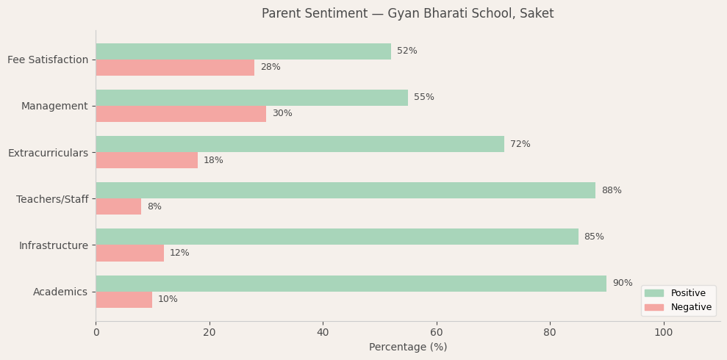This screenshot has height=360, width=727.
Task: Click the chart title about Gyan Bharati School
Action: click(x=407, y=14)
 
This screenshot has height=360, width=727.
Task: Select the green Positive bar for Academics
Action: click(x=351, y=284)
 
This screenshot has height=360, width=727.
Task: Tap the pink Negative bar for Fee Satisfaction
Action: click(x=175, y=68)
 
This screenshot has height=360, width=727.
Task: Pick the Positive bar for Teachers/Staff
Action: click(x=345, y=190)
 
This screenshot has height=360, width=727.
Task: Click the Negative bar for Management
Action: click(x=181, y=114)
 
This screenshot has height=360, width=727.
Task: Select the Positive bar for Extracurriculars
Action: click(x=300, y=144)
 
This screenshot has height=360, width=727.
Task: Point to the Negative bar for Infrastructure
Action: click(x=129, y=253)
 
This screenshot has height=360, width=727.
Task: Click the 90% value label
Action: click(x=622, y=284)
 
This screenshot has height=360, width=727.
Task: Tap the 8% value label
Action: click(x=154, y=207)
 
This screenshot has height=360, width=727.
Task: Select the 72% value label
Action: click(x=520, y=145)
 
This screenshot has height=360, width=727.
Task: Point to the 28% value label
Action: click(x=271, y=68)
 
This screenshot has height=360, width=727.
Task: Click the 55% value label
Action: click(x=423, y=98)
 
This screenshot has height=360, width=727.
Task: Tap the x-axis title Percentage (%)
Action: click(x=407, y=347)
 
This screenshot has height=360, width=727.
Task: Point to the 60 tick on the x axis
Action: click(x=437, y=333)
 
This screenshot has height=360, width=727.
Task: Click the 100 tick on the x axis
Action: click(x=663, y=333)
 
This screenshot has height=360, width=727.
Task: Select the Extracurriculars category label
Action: click(x=48, y=153)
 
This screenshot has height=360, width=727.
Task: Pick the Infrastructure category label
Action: click(x=53, y=245)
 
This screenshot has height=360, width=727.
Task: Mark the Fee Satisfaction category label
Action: click(x=48, y=60)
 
